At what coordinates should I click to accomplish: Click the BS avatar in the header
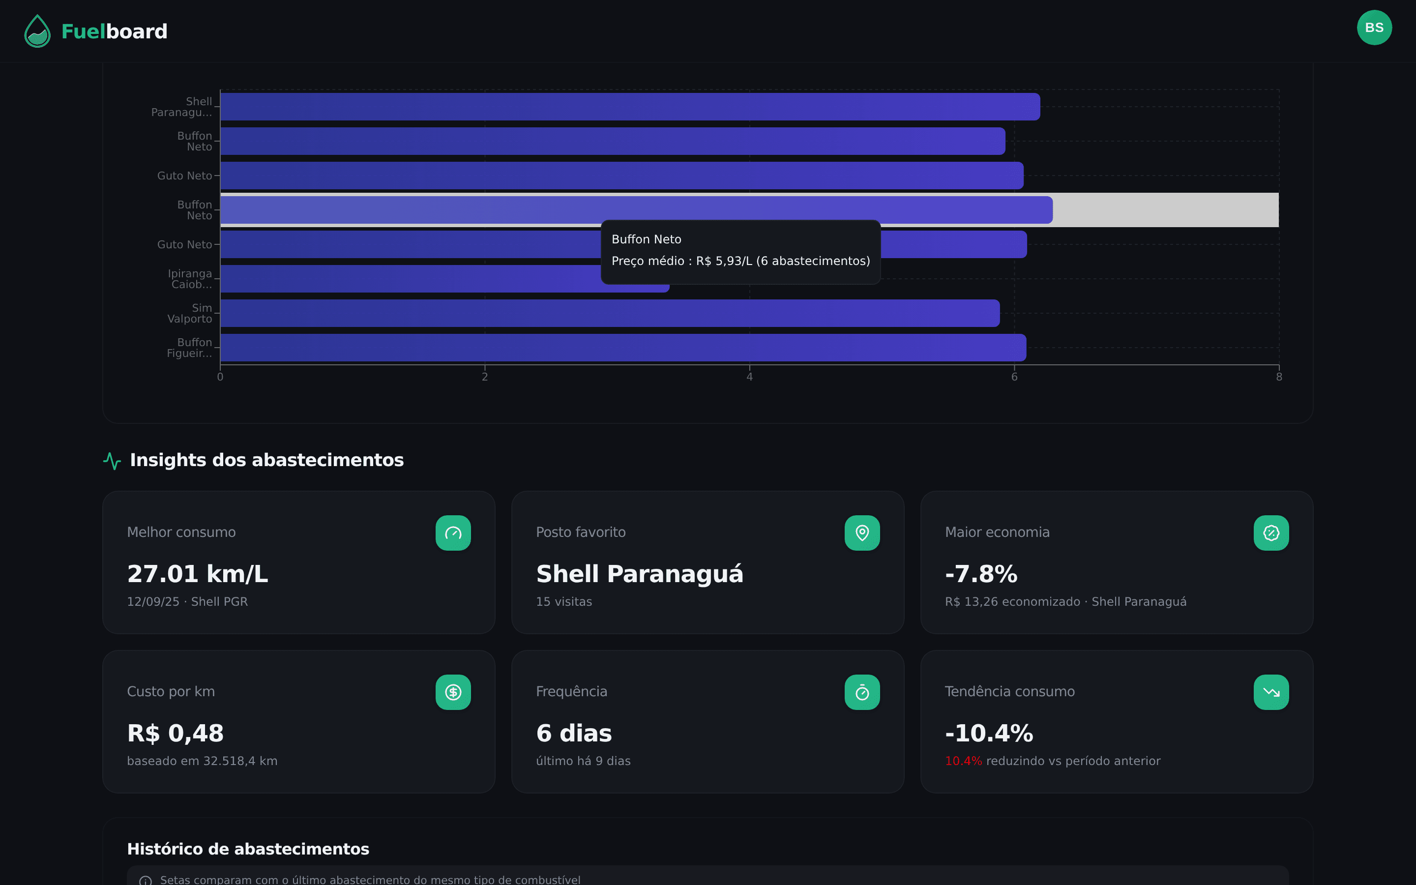[x=1374, y=28]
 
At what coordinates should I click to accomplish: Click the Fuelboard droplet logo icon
[x=37, y=31]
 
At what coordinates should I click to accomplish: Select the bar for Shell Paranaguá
[x=630, y=107]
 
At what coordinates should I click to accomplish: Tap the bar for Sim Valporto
[x=610, y=313]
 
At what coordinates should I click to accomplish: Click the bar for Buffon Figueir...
[x=622, y=348]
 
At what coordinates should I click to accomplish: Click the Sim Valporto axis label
[x=190, y=313]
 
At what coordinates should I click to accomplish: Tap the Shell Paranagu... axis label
[x=182, y=107]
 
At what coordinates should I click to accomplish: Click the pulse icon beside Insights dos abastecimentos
[x=112, y=461]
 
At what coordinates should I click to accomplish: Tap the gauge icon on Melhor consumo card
[x=453, y=532]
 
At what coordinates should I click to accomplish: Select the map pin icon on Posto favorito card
[x=862, y=532]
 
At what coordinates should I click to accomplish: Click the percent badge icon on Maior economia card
[x=1271, y=532]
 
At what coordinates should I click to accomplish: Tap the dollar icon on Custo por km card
[x=453, y=692]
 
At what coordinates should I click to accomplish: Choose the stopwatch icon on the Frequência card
[x=862, y=692]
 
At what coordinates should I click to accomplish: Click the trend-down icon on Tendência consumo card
[x=1271, y=692]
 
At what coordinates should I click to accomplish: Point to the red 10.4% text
[x=963, y=761]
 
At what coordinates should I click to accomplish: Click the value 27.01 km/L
[x=197, y=574]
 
